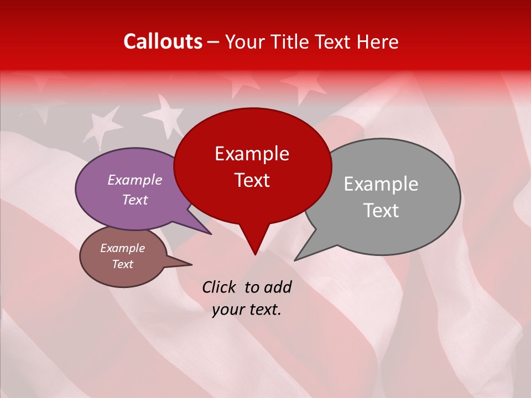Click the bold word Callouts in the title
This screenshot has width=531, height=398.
click(x=163, y=41)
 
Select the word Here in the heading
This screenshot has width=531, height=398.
click(x=378, y=41)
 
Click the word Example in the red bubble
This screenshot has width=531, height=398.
click(x=252, y=154)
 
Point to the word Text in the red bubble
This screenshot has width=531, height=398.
click(x=252, y=180)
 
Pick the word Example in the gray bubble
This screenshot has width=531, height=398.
click(x=381, y=184)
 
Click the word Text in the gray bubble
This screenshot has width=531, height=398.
click(x=381, y=211)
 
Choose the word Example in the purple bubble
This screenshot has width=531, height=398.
click(x=134, y=180)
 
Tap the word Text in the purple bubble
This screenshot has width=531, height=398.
click(x=134, y=200)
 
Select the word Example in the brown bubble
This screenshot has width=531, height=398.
click(x=122, y=248)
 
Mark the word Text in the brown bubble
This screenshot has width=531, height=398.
click(x=122, y=264)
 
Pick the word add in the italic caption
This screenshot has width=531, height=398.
click(x=278, y=287)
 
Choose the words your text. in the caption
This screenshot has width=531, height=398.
click(x=247, y=309)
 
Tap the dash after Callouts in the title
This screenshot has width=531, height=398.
click(x=214, y=41)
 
